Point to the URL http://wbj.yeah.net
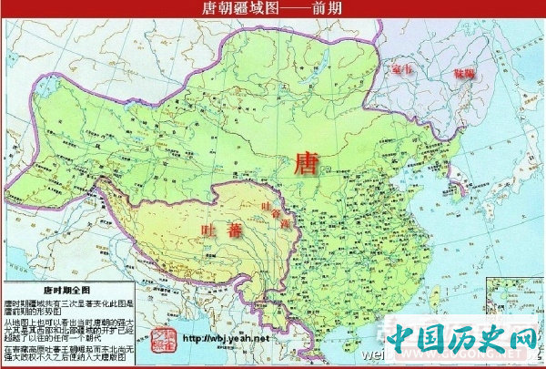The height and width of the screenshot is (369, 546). (x=227, y=338)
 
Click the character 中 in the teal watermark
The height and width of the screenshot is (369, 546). (x=400, y=343)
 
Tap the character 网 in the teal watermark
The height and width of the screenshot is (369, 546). (x=521, y=343)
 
